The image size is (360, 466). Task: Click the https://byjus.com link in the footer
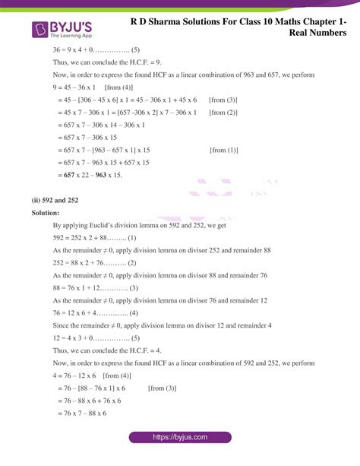point(179,438)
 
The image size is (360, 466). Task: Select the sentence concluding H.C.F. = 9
point(106,62)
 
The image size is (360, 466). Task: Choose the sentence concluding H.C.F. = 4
point(106,350)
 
